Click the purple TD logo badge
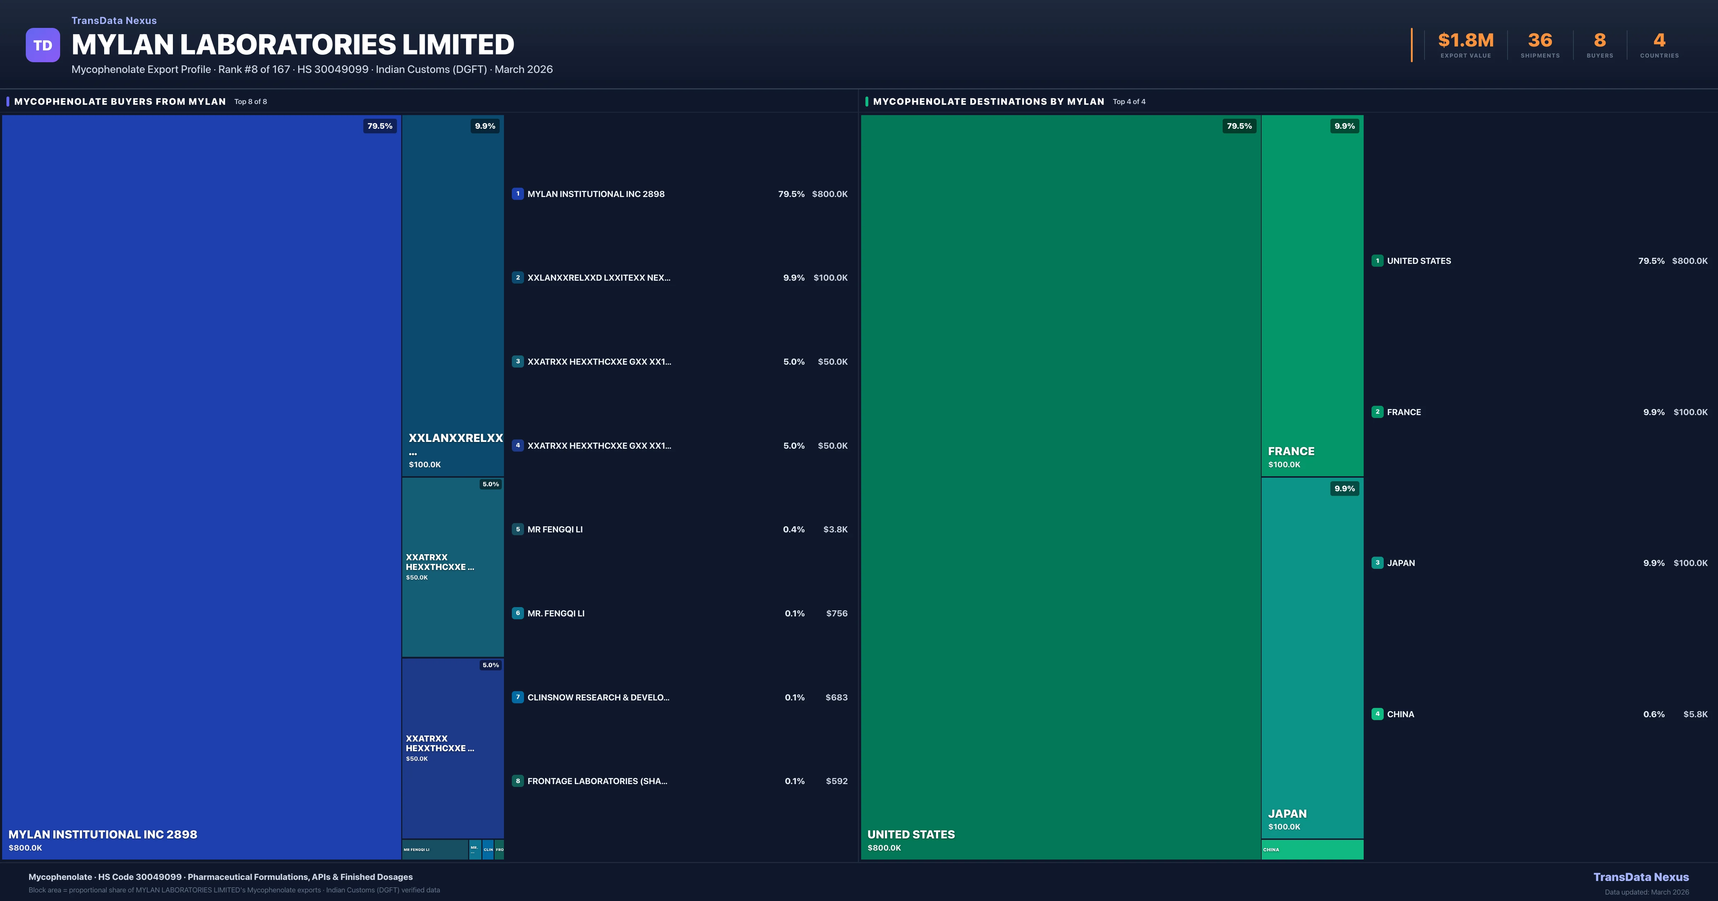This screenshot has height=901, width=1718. coord(43,45)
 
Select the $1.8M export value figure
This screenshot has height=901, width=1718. coord(1465,41)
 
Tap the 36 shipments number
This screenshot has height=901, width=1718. coord(1540,41)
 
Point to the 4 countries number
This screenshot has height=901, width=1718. coord(1659,41)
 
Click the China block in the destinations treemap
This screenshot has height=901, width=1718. coord(1312,850)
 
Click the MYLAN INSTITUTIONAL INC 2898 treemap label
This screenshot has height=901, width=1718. coord(103,834)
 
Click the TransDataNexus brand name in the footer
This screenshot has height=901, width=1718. coord(1641,877)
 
